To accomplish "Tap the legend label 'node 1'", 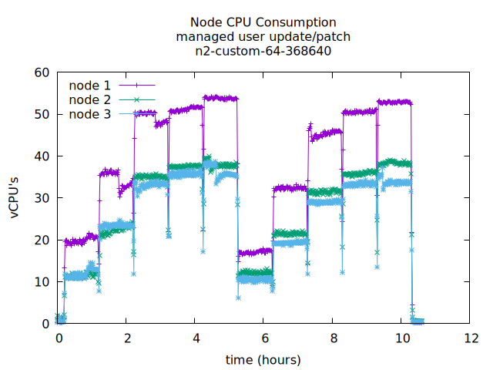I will tap(89, 85).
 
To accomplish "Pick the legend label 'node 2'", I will tap(89, 99).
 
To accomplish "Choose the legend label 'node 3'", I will tap(89, 114).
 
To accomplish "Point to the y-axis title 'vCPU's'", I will tap(15, 198).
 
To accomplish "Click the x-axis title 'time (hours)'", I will tap(263, 360).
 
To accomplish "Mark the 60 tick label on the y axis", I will tap(42, 72).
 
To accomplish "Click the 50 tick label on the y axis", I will tap(42, 114).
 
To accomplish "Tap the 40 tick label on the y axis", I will tap(42, 156).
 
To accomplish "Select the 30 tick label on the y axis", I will tap(42, 198).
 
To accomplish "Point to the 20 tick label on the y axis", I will tap(42, 240).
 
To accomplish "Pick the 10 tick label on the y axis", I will tap(42, 282).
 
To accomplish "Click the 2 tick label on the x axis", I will tap(127, 338).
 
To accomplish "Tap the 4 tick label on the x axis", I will tap(196, 338).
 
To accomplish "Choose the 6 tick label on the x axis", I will tap(264, 338).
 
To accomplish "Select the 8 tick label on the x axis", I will tap(333, 338).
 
